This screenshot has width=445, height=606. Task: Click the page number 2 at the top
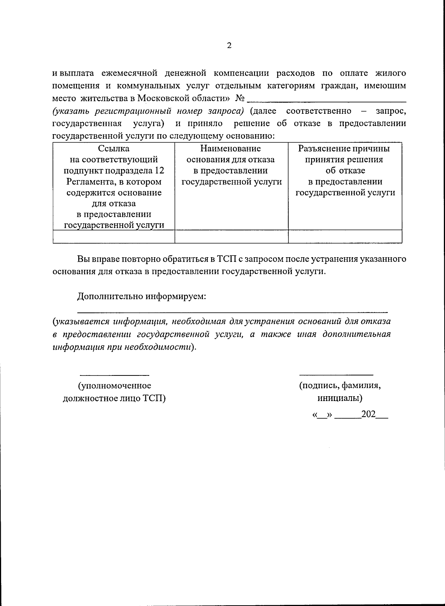(229, 46)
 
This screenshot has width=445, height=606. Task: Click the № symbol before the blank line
(240, 98)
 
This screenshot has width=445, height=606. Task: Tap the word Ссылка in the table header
(114, 149)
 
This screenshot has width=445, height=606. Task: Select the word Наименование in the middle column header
(231, 149)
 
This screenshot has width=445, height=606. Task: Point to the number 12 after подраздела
(160, 170)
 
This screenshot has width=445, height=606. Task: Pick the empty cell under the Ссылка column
(114, 236)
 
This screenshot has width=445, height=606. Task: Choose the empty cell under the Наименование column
(231, 236)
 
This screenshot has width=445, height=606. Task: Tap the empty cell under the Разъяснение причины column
(345, 236)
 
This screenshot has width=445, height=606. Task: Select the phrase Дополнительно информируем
(141, 297)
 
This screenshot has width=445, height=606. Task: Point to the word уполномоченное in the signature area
(114, 386)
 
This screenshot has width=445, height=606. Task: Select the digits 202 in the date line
(369, 414)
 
